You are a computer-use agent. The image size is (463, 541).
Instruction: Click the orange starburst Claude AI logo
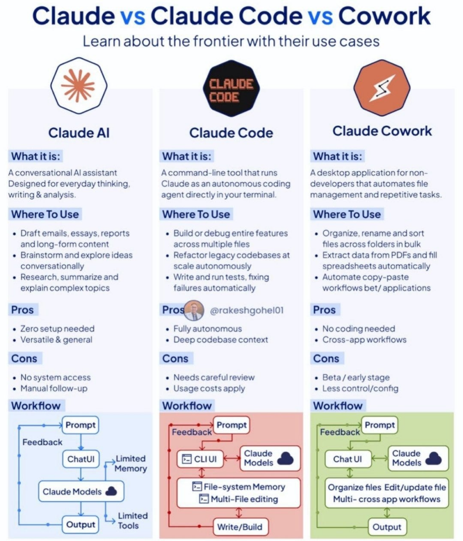click(78, 85)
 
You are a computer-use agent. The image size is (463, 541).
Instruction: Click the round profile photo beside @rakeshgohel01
click(194, 310)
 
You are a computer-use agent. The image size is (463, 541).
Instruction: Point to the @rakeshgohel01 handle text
click(247, 311)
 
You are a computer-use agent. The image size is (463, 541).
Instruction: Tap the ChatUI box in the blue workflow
click(80, 459)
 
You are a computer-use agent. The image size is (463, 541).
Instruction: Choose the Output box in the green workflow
click(387, 526)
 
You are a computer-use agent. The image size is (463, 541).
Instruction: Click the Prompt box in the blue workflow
click(80, 424)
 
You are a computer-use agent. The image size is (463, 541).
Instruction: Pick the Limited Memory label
click(130, 463)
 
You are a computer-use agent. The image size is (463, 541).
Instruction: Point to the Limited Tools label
click(133, 520)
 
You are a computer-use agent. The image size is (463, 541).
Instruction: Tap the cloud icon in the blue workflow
click(111, 491)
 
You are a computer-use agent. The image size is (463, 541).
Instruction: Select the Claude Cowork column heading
click(382, 131)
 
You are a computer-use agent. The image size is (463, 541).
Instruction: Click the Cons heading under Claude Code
click(175, 359)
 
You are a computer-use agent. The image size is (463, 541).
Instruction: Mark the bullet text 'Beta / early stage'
click(356, 377)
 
